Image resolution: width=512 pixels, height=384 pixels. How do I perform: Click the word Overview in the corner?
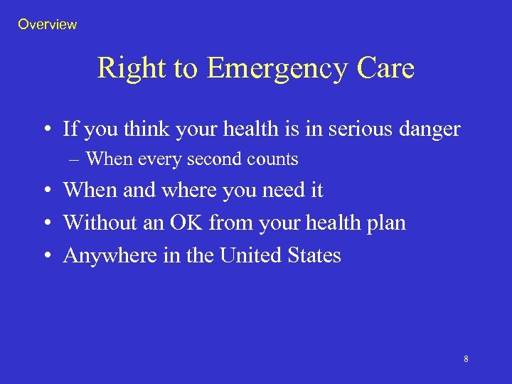click(x=48, y=25)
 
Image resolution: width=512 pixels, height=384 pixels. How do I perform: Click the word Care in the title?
click(x=386, y=69)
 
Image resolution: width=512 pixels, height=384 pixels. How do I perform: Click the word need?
click(x=281, y=191)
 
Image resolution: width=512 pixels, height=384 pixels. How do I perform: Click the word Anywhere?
click(x=104, y=256)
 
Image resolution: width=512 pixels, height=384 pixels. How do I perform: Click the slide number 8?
click(x=466, y=359)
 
